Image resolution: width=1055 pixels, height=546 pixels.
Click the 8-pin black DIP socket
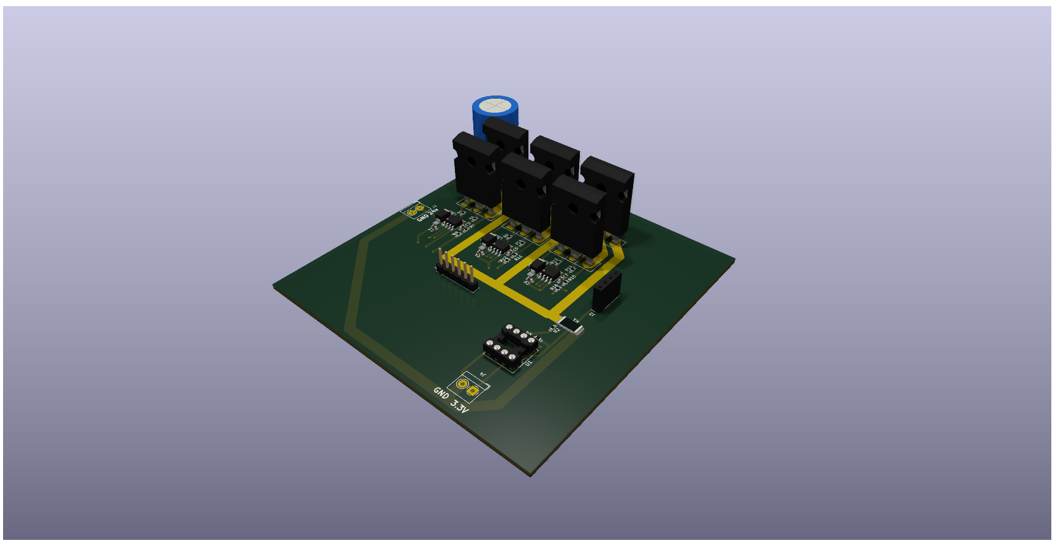[511, 346]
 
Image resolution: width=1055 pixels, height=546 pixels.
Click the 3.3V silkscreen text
[459, 405]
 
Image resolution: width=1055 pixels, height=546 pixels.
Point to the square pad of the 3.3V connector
[473, 391]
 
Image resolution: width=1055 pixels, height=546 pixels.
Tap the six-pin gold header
[457, 272]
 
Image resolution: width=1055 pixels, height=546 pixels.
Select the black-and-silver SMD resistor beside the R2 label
[571, 324]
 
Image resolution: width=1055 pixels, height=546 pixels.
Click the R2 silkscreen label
[556, 329]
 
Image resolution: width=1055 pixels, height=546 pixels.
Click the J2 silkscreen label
[591, 313]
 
